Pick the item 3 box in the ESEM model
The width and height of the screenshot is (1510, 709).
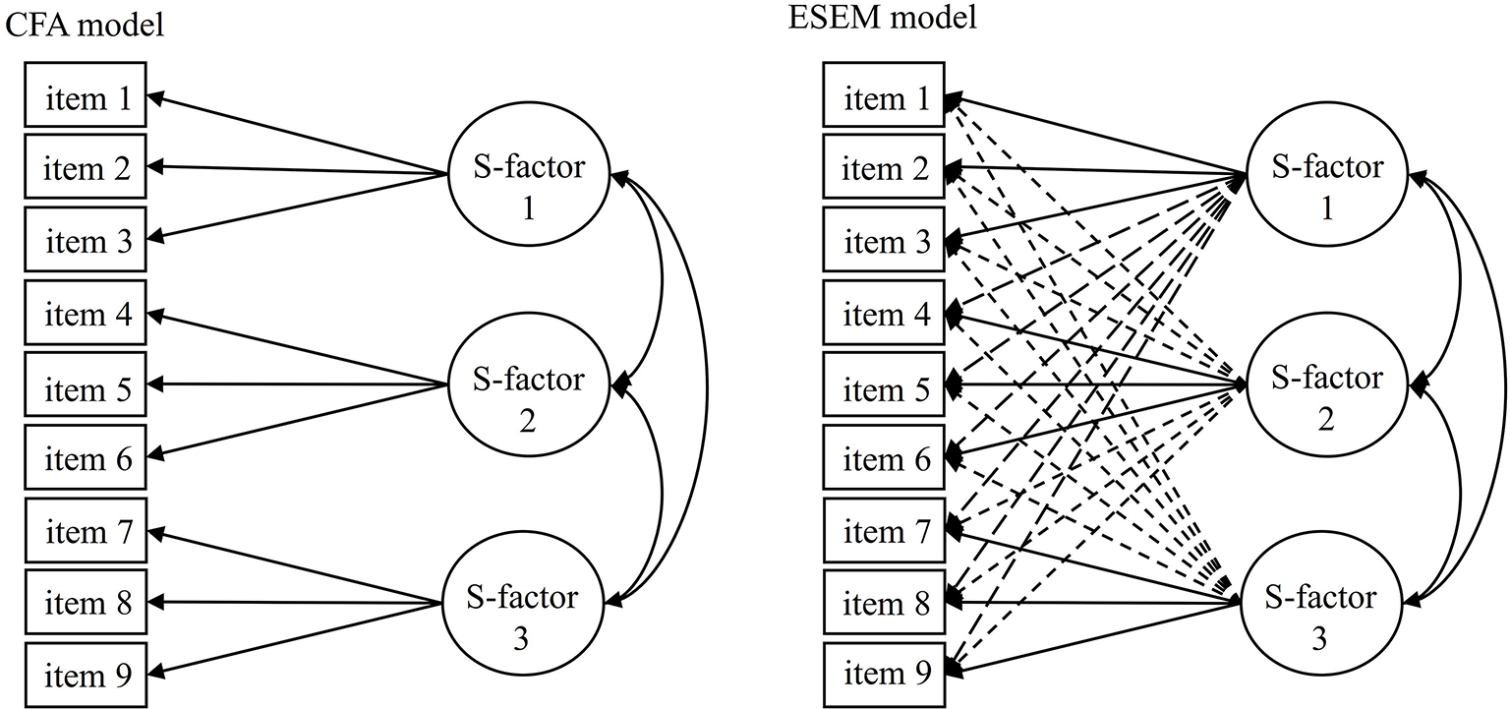(886, 241)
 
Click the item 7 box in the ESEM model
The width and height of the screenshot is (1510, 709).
(886, 531)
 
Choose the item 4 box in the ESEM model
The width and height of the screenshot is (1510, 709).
(886, 314)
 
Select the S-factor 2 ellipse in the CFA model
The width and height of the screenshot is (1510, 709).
(529, 395)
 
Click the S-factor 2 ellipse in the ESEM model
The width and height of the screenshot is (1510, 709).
(1327, 395)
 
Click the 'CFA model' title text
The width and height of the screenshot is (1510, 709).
(83, 24)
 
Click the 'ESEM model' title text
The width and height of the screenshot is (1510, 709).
(883, 19)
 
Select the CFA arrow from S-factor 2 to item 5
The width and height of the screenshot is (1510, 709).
(295, 385)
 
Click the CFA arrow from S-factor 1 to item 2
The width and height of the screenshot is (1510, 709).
(295, 171)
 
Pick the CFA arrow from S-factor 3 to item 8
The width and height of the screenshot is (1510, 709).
(295, 602)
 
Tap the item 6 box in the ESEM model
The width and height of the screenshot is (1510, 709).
(886, 458)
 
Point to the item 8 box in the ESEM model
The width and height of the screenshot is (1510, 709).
(886, 603)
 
